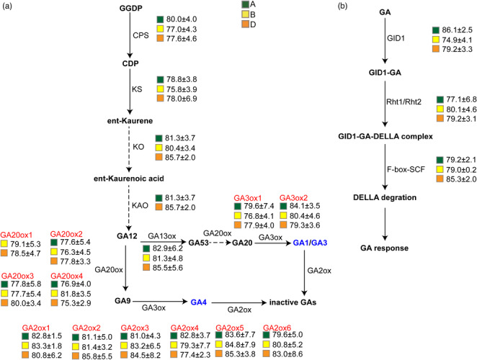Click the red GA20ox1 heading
17,234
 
